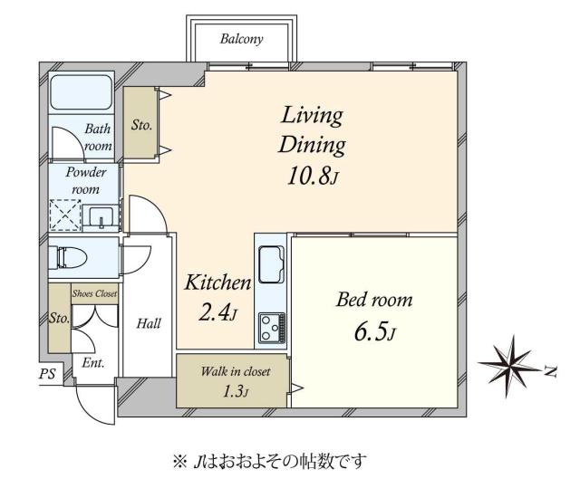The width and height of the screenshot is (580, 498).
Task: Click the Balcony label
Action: click(241, 39)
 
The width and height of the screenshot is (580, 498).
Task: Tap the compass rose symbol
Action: click(511, 362)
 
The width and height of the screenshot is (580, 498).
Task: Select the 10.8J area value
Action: click(311, 175)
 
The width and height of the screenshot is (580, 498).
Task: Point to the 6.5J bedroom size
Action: click(374, 330)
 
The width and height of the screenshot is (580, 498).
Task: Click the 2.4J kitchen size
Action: click(217, 313)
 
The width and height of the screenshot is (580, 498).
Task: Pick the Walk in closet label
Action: click(235, 372)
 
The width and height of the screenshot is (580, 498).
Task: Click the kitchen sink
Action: click(273, 265)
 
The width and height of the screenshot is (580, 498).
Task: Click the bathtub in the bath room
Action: click(81, 93)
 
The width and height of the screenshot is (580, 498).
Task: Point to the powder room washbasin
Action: click(101, 216)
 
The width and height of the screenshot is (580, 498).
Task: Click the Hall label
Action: click(149, 322)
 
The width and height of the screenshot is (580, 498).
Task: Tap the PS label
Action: click(46, 374)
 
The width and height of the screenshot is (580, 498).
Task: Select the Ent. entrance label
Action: click(93, 362)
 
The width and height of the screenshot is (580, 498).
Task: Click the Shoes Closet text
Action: click(95, 292)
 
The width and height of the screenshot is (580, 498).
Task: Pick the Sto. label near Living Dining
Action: click(140, 125)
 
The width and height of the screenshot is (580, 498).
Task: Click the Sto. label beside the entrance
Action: click(59, 318)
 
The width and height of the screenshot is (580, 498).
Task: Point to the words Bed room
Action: click(374, 299)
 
